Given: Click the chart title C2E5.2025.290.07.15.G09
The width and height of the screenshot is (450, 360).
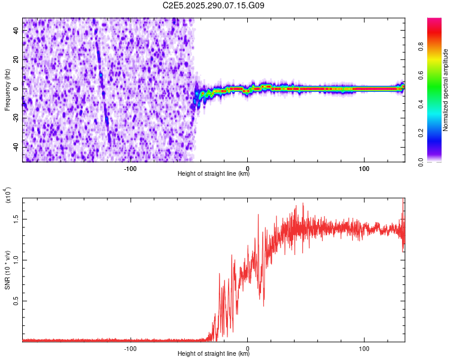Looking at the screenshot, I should [x=214, y=5].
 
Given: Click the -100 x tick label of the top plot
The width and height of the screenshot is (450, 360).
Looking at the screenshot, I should [x=130, y=168].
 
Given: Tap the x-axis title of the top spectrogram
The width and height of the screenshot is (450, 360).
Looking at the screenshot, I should [x=214, y=174].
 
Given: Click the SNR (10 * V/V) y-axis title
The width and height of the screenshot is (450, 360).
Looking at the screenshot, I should [x=7, y=268].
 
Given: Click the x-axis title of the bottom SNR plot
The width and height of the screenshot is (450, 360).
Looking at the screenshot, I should [x=214, y=354].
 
